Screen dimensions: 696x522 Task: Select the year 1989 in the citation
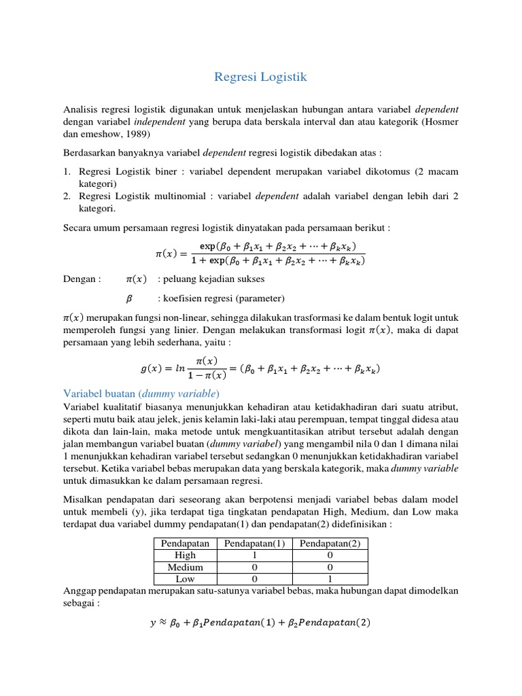[143, 133]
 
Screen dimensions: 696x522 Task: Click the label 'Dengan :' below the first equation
[82, 279]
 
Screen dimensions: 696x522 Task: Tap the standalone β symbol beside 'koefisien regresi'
[129, 298]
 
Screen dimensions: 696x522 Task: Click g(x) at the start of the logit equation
[151, 370]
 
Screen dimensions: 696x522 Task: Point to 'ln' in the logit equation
[180, 370]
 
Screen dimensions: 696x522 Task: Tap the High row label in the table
[185, 555]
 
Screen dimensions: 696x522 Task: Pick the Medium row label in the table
[185, 567]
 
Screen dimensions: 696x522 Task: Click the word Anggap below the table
[82, 591]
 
